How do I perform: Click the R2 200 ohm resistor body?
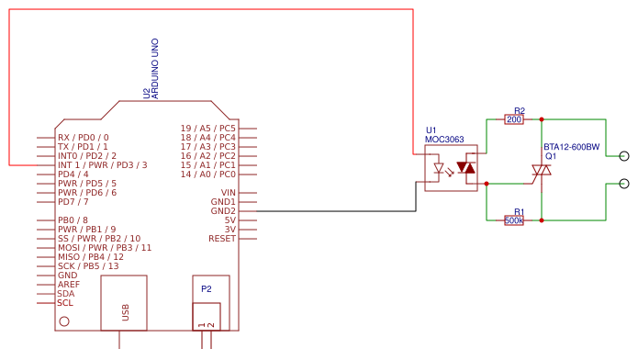(514, 119)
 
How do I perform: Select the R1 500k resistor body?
(514, 220)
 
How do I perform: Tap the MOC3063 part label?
(444, 140)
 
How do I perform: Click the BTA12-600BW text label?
(571, 147)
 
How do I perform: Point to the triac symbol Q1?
(542, 170)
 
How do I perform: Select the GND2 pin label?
(222, 211)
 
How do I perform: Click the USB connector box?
(124, 302)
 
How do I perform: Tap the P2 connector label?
(207, 288)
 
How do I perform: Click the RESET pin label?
(222, 239)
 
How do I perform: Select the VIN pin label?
(226, 193)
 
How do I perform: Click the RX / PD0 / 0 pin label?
(83, 138)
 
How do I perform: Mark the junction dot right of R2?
(542, 119)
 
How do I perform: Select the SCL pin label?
(65, 303)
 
